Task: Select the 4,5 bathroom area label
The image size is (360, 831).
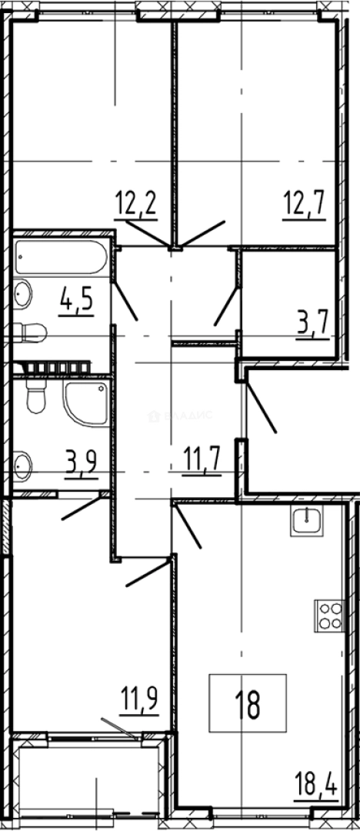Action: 75,295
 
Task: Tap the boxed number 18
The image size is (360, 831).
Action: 248,703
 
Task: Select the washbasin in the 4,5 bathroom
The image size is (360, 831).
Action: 23,294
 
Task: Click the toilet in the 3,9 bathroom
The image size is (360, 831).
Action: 35,398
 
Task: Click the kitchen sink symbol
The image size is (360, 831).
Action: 310,522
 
